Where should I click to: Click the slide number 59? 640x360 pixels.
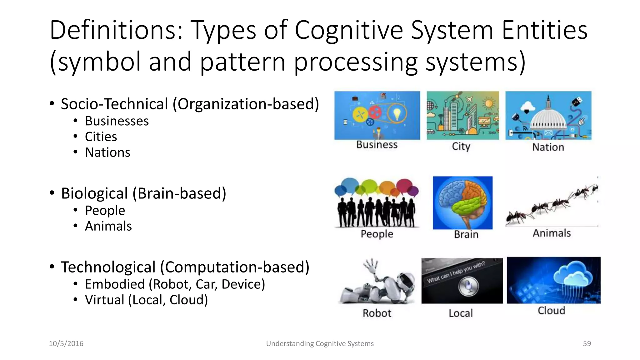click(587, 343)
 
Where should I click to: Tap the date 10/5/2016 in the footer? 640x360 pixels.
click(66, 343)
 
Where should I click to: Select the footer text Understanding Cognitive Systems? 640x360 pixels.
click(320, 343)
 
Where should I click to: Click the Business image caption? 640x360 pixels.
click(377, 145)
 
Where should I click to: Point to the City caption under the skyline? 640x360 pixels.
click(461, 146)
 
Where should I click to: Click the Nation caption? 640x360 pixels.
click(548, 147)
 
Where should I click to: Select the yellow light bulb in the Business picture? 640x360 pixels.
click(397, 114)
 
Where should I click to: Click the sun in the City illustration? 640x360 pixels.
click(489, 103)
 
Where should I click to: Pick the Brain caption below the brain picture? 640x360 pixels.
click(466, 234)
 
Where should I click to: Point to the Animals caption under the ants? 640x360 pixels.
click(552, 233)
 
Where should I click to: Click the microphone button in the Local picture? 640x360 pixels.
click(468, 286)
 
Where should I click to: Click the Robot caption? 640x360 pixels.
click(377, 313)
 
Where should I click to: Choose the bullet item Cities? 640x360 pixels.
click(101, 137)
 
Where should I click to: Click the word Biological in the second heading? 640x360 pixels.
click(94, 193)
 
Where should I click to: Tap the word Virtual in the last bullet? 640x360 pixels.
click(105, 300)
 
